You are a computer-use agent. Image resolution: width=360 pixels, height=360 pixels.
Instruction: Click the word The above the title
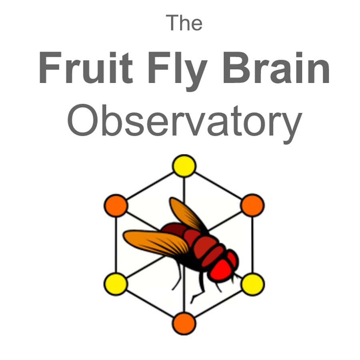pos(184,22)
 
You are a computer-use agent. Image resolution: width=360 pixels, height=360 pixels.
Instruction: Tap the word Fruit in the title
pos(86,68)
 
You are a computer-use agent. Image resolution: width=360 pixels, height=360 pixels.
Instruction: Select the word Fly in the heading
pos(178,71)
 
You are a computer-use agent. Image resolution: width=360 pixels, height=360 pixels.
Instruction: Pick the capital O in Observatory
pos(84,120)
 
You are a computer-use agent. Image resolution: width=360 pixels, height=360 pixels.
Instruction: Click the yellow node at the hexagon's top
pos(184,166)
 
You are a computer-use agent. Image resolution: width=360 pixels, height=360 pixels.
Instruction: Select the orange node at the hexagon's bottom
pos(184,323)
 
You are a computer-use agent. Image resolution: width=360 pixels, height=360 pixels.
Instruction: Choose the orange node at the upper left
pos(116,205)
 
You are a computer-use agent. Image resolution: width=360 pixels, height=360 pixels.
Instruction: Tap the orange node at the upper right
pos(252,205)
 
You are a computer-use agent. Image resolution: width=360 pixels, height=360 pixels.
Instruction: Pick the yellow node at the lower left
pos(116,284)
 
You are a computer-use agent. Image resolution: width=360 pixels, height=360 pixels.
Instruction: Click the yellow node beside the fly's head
pos(252,284)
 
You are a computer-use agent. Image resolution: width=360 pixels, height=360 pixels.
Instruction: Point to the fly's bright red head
pos(221,270)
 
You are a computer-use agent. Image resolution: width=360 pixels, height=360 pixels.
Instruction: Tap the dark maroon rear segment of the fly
pos(174,230)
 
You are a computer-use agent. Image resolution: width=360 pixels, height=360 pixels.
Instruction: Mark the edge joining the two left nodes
pos(116,244)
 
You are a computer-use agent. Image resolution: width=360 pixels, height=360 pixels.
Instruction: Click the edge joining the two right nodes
pos(252,244)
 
